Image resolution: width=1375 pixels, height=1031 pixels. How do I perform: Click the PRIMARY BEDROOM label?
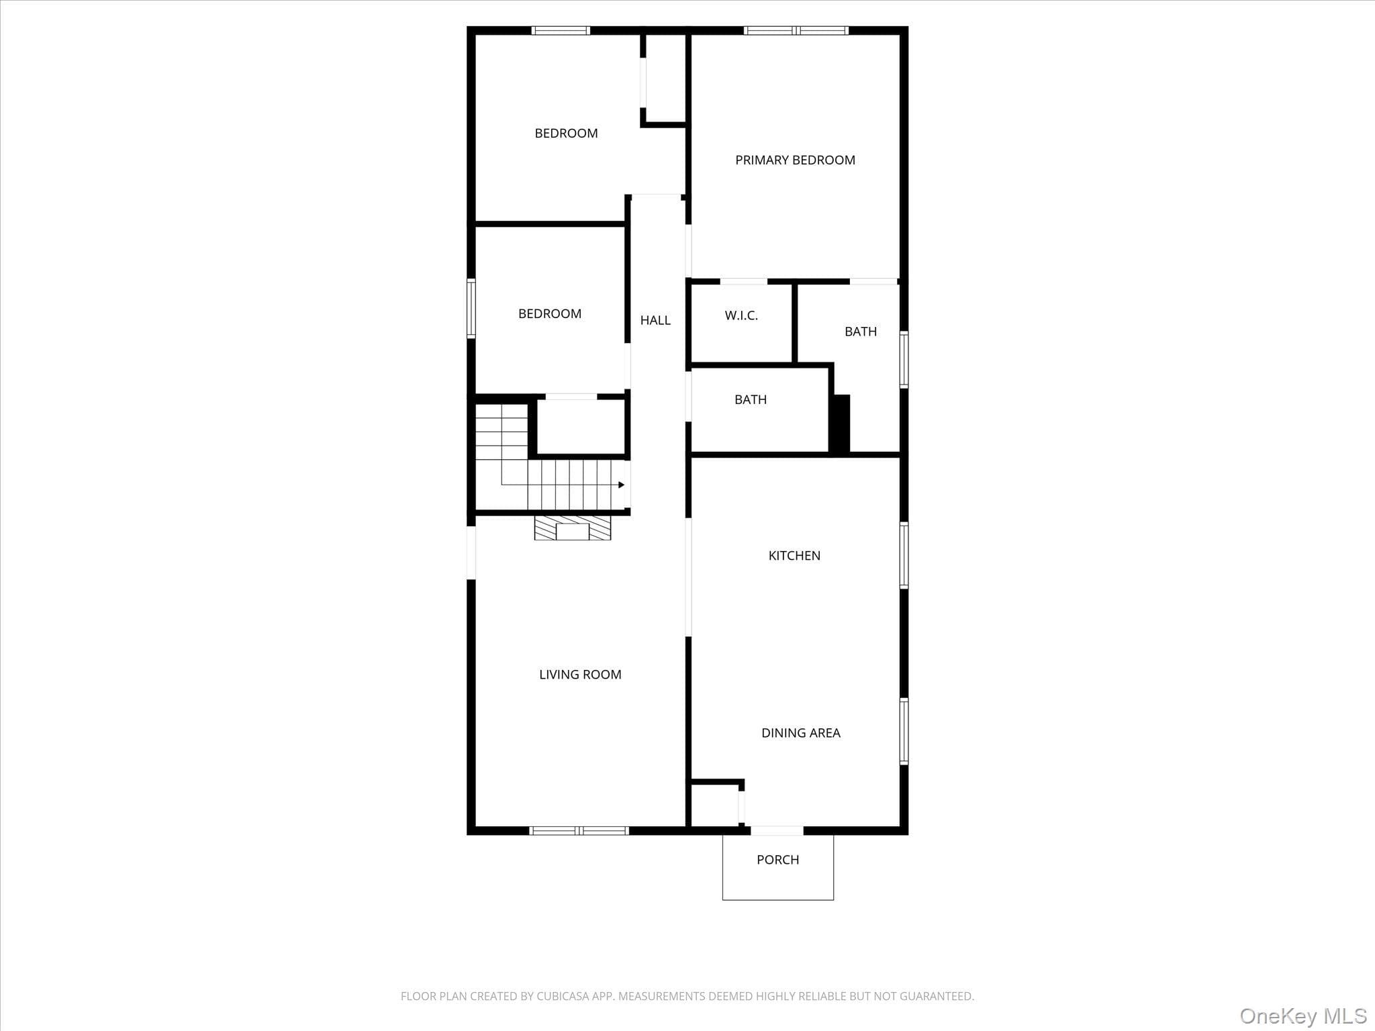tap(795, 160)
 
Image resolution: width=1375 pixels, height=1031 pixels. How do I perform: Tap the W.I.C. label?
tap(741, 315)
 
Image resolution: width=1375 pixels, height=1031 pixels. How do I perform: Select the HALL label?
tap(655, 321)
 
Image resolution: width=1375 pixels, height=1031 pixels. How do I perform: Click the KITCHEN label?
tap(794, 556)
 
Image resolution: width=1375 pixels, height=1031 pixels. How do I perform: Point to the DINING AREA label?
tap(801, 733)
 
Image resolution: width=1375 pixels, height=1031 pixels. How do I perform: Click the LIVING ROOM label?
tap(580, 675)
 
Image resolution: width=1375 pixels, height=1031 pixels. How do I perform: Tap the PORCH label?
tap(777, 860)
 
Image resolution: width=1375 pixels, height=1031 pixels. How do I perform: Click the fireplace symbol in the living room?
tap(573, 528)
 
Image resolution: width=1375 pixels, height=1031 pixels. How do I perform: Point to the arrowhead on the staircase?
tap(621, 485)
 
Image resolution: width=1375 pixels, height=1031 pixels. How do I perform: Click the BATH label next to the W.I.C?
tap(861, 332)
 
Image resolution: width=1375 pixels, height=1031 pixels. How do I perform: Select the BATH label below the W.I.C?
tap(751, 400)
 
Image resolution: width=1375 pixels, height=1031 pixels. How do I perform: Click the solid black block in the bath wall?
tap(840, 424)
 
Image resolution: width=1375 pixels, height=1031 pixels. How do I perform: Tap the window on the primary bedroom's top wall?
tap(796, 30)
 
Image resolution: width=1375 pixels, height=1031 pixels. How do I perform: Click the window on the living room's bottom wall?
tap(579, 831)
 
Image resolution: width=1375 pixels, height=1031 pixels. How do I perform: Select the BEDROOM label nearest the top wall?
tap(566, 134)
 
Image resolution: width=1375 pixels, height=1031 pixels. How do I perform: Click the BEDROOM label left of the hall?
tap(550, 314)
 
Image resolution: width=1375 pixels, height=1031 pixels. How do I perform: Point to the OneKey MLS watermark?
tap(1303, 1016)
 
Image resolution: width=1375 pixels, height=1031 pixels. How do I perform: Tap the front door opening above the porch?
tap(777, 831)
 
